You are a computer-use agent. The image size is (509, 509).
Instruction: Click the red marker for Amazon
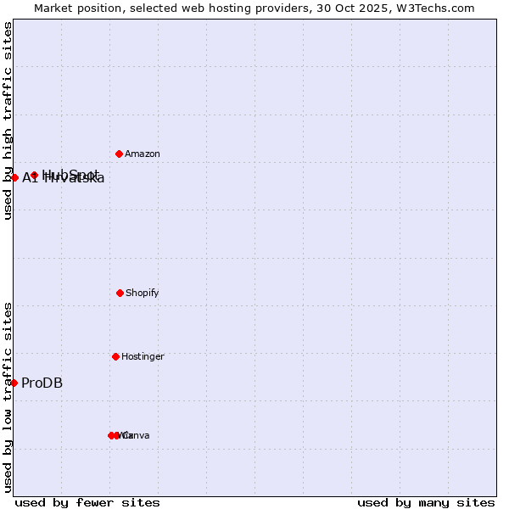point(119,154)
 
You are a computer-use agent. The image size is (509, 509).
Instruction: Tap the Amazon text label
point(143,154)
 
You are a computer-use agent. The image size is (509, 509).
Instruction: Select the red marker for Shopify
point(120,293)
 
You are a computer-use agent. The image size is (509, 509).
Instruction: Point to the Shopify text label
point(143,294)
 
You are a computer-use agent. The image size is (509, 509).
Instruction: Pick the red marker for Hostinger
point(115,356)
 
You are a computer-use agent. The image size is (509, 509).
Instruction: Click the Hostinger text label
point(143,357)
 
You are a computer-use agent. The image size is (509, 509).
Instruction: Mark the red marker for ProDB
point(14,383)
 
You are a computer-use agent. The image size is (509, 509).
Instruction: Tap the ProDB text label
point(42,383)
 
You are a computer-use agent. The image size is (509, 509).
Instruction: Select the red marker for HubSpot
point(34,175)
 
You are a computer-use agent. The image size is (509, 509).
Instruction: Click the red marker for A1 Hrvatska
point(14,177)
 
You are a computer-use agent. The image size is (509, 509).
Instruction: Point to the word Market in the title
point(53,8)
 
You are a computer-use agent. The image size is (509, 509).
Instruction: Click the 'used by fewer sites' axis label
point(87,503)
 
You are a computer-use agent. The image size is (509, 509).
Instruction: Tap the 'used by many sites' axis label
point(426,503)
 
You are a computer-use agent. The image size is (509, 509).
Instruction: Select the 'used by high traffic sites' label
point(8,120)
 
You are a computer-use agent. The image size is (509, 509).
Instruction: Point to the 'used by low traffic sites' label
point(8,397)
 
